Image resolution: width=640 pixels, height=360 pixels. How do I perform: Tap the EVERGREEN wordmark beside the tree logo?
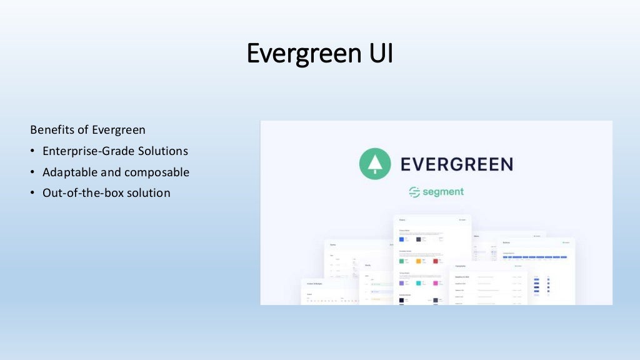click(456, 164)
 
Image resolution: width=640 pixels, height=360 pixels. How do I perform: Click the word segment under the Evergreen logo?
click(442, 192)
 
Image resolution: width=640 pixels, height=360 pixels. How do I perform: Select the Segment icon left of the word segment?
click(414, 192)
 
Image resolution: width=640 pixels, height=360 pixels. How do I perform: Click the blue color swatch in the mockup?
click(402, 239)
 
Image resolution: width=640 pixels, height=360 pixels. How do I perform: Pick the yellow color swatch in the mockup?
click(419, 261)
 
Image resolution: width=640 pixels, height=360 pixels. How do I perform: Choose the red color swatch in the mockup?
click(436, 261)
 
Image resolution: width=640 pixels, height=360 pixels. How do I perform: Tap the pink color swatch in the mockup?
click(436, 282)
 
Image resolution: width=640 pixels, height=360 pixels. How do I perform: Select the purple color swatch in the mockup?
click(402, 282)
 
